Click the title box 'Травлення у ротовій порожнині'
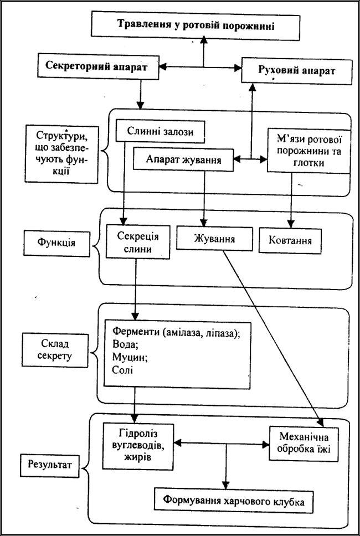196,26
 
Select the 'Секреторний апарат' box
98,66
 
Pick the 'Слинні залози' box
161,131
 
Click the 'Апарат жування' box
183,159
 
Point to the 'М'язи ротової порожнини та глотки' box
308,150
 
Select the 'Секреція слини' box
138,241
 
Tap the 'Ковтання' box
290,240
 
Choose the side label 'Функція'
56,244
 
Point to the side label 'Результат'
52,464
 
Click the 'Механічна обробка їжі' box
304,444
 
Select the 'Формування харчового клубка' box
234,501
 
